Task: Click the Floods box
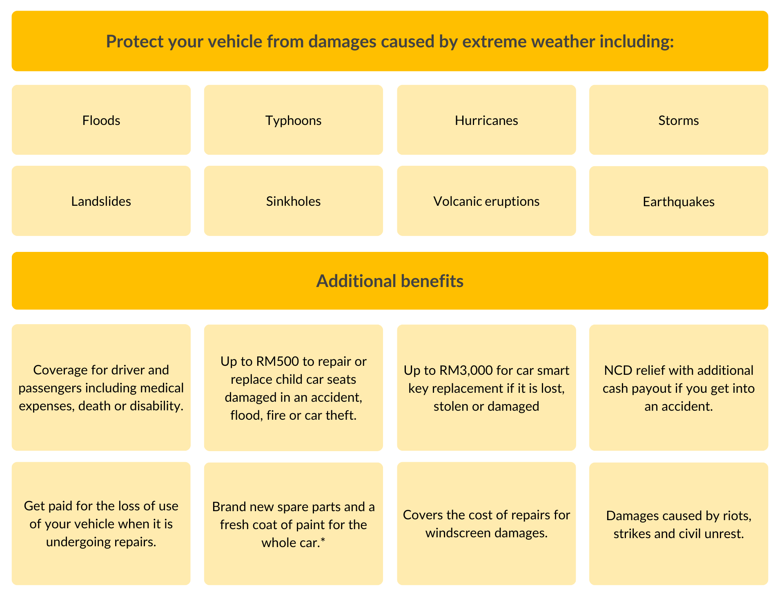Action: coord(101,120)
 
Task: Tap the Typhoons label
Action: coord(294,121)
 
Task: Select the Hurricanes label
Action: coord(486,120)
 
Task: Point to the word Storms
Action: coord(679,120)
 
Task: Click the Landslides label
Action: coord(101,201)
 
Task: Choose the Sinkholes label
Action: coord(294,201)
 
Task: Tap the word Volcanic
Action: coord(458,201)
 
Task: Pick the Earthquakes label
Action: coord(679,202)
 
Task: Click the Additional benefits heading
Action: coord(390,281)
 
